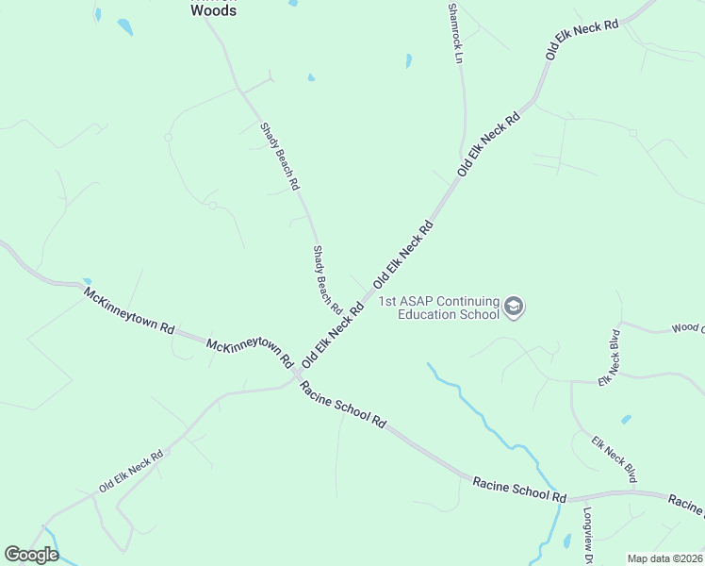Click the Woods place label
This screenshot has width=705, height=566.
213,11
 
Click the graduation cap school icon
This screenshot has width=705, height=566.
514,307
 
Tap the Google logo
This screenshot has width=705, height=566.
31,555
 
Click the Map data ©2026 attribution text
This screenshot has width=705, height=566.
664,558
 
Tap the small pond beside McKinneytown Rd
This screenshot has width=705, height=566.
87,281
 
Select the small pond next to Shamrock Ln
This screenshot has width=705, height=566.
408,61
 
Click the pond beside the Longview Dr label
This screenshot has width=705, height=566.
566,541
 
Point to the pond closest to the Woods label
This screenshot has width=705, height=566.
124,25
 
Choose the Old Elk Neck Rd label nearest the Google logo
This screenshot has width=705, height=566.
131,471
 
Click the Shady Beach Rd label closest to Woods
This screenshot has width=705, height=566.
279,156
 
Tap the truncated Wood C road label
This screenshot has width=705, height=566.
687,328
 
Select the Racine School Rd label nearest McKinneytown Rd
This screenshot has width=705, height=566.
343,408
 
